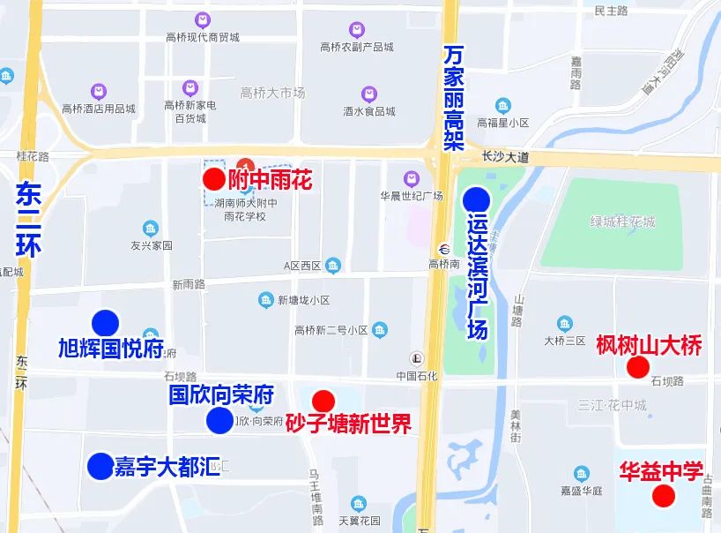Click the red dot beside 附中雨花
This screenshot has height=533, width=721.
(213, 179)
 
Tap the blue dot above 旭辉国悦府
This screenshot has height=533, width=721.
(106, 323)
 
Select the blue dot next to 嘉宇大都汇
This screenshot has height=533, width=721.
(100, 464)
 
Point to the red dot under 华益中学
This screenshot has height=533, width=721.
(663, 495)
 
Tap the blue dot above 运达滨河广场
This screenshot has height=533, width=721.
(476, 199)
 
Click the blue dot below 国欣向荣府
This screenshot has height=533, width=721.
(219, 421)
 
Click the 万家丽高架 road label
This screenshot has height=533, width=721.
(453, 98)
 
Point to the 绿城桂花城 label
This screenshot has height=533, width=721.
(622, 221)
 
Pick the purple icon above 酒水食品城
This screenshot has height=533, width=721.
(369, 94)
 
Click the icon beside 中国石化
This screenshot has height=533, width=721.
(416, 358)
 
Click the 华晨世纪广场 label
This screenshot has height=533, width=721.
(411, 196)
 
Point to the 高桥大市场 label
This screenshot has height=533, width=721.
(272, 93)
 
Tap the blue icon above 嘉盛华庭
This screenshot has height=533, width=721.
(581, 475)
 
